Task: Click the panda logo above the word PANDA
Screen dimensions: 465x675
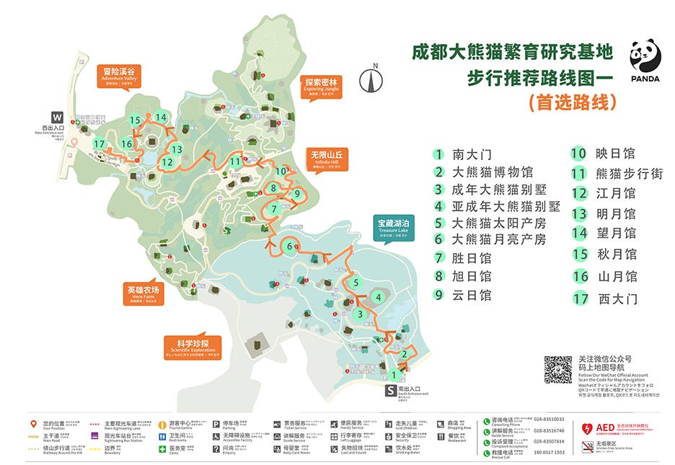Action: (645, 56)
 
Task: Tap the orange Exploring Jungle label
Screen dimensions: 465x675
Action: (322, 86)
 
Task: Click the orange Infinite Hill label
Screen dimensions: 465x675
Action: (328, 158)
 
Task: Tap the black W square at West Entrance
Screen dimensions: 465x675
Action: (57, 117)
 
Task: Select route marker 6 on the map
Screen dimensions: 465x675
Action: (289, 247)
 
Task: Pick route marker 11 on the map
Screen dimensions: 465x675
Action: (235, 161)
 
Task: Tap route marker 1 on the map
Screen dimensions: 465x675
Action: (394, 375)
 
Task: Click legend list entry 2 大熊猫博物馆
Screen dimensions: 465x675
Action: (484, 172)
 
